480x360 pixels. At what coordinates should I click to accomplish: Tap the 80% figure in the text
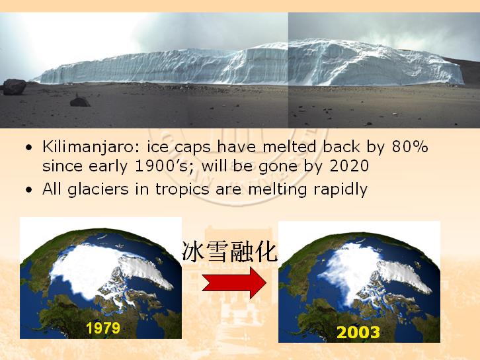410,146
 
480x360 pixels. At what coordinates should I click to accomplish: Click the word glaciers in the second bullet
98,189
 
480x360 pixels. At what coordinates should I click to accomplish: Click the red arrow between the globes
234,283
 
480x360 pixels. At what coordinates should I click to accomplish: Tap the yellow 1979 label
103,328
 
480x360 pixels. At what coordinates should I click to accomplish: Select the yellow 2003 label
358,332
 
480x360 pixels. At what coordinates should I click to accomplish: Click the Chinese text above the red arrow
230,252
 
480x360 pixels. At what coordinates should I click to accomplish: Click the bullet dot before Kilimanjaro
29,148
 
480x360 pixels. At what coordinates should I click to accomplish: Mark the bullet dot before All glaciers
29,191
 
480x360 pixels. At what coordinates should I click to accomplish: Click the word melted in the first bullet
290,146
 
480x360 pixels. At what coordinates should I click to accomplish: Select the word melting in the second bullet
277,189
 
